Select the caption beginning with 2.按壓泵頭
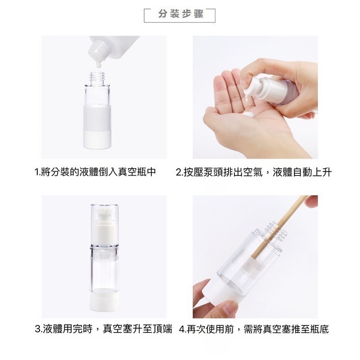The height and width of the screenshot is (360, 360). tap(254, 172)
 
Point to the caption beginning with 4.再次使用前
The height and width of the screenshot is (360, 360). tap(254, 329)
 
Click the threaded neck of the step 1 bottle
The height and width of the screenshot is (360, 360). tap(98, 76)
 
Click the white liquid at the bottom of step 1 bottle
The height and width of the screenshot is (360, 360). tap(98, 140)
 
